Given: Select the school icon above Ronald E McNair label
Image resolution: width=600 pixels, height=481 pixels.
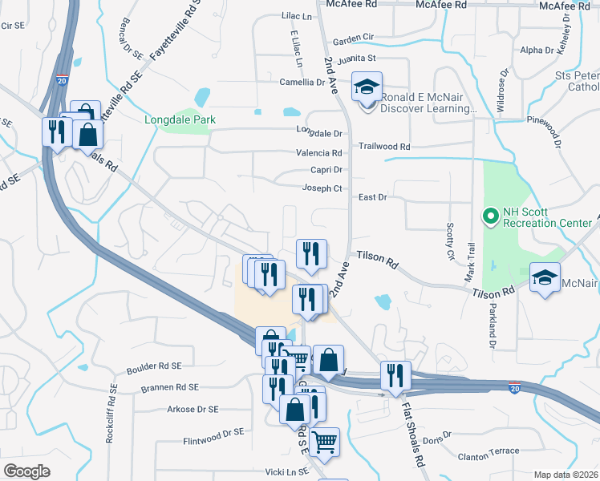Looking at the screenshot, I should (x=367, y=87).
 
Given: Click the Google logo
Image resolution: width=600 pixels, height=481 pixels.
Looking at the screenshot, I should (x=26, y=471).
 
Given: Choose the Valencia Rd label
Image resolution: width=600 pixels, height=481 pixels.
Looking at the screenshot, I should (x=319, y=152).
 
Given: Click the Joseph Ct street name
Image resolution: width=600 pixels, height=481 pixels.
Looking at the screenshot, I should (x=322, y=188).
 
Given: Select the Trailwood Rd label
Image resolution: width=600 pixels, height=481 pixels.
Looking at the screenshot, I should (x=384, y=147).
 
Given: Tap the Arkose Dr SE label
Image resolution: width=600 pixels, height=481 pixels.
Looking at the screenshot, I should (x=193, y=409).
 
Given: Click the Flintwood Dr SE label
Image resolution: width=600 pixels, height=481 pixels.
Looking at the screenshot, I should (x=213, y=433).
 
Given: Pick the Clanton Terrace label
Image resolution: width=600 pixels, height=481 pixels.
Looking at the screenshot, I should (x=488, y=451).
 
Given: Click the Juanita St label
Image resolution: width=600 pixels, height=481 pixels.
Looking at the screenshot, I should (x=356, y=59).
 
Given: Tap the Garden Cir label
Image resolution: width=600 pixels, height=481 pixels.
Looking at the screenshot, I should (x=354, y=38).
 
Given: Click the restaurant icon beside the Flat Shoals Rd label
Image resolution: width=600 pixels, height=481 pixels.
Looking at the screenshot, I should (x=395, y=375).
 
